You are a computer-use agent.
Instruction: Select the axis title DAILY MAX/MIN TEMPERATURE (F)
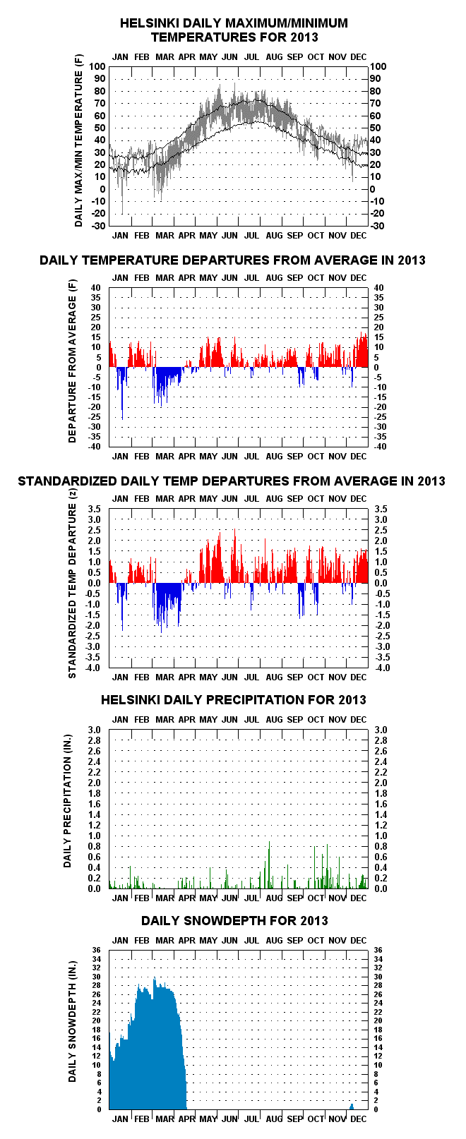pos(78,148)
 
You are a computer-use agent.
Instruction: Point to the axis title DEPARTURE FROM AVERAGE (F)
pos(72,361)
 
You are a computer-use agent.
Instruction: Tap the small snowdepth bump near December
pos(352,1106)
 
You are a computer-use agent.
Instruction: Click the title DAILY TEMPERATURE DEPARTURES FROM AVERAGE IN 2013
pos(232,260)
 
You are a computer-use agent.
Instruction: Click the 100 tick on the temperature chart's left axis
pos(97,66)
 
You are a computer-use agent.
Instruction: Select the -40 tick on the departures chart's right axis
pos(380,447)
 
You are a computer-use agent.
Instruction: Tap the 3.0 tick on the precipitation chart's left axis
pos(94,730)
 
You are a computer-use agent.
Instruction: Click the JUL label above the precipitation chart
pos(251,720)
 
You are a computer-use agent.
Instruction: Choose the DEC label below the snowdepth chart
pos(358,1119)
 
